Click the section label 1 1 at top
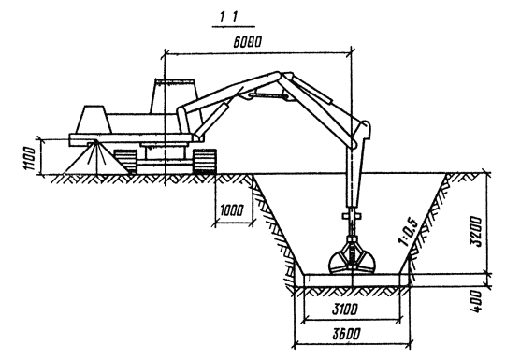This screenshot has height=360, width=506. [229, 17]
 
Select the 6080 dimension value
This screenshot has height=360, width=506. [247, 42]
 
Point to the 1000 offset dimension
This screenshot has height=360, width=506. [232, 211]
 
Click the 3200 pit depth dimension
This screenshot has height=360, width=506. [476, 232]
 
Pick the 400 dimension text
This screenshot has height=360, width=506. [476, 302]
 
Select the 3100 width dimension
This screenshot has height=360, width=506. [345, 310]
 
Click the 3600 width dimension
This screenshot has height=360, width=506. [346, 334]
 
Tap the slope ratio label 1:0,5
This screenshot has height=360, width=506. [409, 234]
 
